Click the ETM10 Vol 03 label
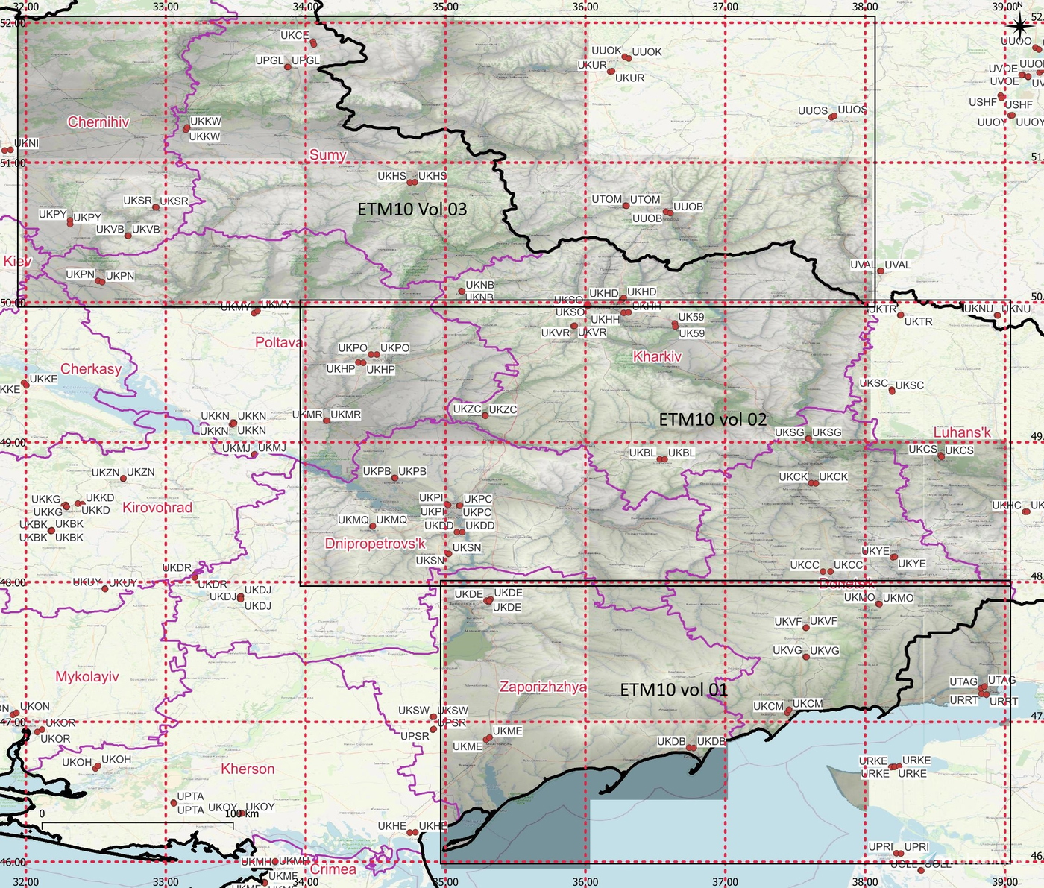coord(412,210)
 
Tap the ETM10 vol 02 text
coord(712,420)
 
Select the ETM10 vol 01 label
coord(673,690)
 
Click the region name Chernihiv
coord(98,122)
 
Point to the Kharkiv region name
coord(657,356)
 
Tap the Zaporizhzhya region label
coord(542,687)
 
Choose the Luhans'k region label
coord(962,432)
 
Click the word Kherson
coord(248,769)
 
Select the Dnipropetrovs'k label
coord(375,544)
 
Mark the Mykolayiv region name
coord(87,677)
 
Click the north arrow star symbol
coord(1018,27)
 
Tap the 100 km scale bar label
coord(242,813)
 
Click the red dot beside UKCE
coord(313,43)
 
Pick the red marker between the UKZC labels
coord(485,415)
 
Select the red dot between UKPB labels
coord(394,477)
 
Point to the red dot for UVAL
coord(881,271)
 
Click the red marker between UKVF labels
coord(806,627)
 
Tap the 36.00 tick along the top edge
coord(585,7)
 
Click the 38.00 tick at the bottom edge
coord(865,882)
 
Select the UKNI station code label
coord(26,143)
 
